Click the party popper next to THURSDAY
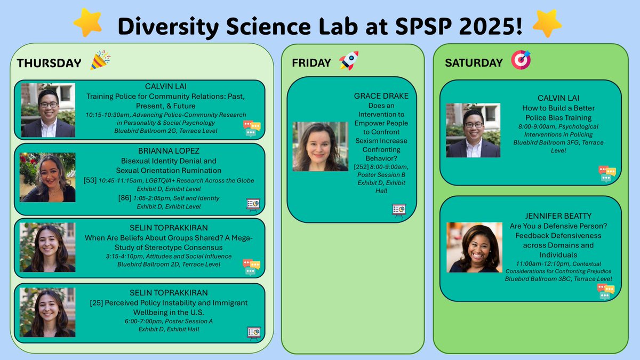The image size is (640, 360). (x=100, y=60)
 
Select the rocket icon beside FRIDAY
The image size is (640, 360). (x=348, y=61)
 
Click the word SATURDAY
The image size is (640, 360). (x=474, y=62)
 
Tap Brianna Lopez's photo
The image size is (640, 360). (x=47, y=178)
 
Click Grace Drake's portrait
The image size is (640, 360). (x=320, y=147)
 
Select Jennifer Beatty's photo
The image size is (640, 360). (x=474, y=247)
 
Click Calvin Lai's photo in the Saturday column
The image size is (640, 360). (x=473, y=130)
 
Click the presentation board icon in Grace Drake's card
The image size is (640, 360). (x=399, y=210)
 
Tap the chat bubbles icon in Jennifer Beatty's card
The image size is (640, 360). (x=606, y=291)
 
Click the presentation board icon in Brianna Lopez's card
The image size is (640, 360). (x=253, y=204)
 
